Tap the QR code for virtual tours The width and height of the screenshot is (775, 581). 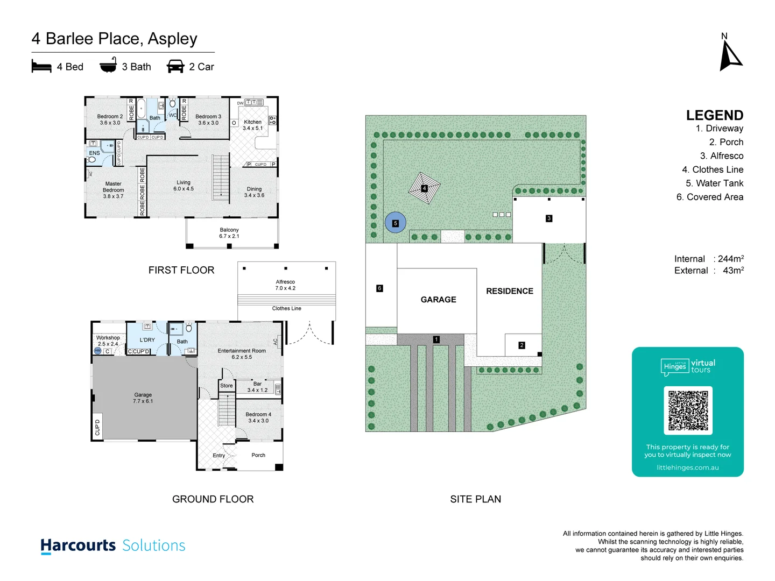[688, 410]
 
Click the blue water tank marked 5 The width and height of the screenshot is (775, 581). [396, 223]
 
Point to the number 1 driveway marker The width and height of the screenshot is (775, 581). [436, 339]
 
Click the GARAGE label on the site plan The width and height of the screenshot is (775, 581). [438, 300]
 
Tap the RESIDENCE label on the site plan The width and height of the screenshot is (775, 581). [509, 291]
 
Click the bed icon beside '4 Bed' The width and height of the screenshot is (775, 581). [41, 67]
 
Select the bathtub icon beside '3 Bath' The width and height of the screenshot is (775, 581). [108, 66]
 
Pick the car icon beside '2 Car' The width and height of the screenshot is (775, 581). [175, 67]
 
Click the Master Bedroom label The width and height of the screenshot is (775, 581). [113, 190]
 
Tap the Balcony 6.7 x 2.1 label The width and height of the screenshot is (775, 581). [229, 233]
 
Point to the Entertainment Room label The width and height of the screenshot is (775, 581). [242, 354]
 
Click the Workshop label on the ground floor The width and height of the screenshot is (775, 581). [108, 341]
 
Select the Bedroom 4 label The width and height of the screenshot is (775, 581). [258, 417]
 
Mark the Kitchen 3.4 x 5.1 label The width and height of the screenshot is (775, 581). [252, 125]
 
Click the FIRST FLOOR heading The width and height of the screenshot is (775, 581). [181, 270]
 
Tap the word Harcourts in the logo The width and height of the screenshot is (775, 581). [79, 545]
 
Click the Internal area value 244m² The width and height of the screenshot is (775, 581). [730, 259]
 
